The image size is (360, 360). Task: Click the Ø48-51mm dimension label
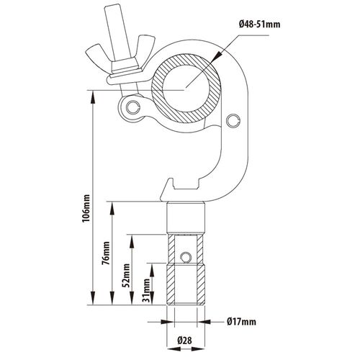(x=259, y=24)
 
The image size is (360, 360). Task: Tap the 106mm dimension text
(x=86, y=208)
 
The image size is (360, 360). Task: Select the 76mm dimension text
(x=106, y=253)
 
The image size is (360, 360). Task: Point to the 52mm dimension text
(x=126, y=276)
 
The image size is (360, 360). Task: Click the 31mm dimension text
(x=146, y=289)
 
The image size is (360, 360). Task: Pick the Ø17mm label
(x=241, y=321)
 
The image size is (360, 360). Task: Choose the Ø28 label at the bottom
(x=184, y=341)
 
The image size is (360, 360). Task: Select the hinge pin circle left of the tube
(x=132, y=107)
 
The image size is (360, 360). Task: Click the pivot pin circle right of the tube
(x=233, y=120)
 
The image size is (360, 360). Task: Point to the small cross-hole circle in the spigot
(x=185, y=257)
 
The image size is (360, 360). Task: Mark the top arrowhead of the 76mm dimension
(x=112, y=208)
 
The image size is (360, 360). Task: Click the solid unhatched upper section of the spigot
(x=186, y=218)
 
